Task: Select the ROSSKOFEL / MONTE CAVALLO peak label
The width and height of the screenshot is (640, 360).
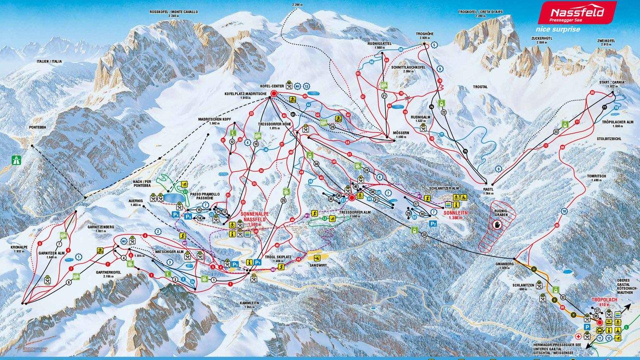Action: pos(173,11)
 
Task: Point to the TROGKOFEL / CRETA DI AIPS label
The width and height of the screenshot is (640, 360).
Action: pos(479,11)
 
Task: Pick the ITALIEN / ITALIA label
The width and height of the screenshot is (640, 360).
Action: pos(49,61)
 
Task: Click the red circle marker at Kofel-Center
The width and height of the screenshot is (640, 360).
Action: pos(274,93)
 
